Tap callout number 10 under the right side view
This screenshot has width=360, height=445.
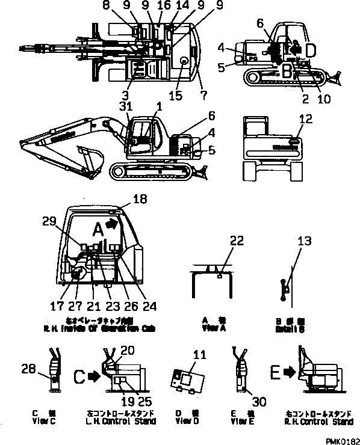(324, 100)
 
